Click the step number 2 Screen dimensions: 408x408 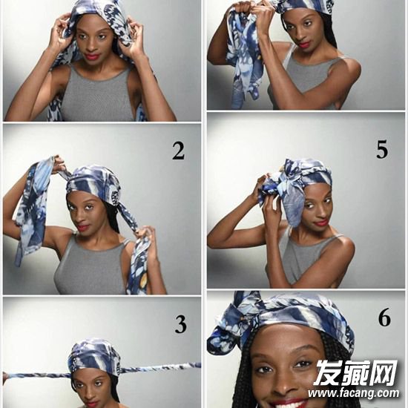(x=179, y=151)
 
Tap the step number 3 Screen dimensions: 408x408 (x=180, y=324)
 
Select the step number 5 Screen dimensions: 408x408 (x=382, y=149)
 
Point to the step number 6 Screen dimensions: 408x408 (x=384, y=317)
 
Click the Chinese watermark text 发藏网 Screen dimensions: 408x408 (x=355, y=373)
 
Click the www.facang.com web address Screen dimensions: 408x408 (x=353, y=393)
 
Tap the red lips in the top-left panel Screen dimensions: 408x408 (x=92, y=56)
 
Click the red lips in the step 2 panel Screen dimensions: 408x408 (x=83, y=228)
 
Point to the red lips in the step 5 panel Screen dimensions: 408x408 (x=320, y=223)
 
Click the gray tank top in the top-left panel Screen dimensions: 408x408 (x=96, y=95)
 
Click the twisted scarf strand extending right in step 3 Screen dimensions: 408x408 (x=159, y=368)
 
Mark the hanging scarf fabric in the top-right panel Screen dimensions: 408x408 (x=241, y=60)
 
